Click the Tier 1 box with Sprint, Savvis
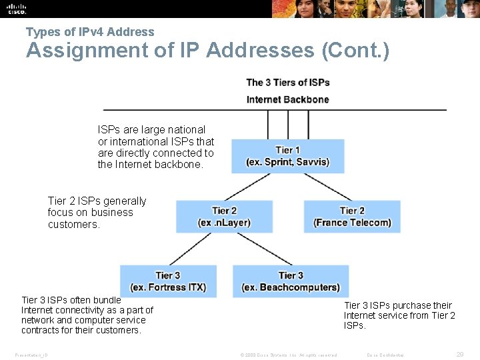pyautogui.click(x=287, y=156)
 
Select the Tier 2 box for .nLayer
pyautogui.click(x=224, y=217)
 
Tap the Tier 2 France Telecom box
pyautogui.click(x=352, y=217)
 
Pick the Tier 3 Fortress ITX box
pyautogui.click(x=168, y=281)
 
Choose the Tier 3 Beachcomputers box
pyautogui.click(x=291, y=281)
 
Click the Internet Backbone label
pyautogui.click(x=288, y=99)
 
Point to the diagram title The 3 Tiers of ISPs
pyautogui.click(x=288, y=83)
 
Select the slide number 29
pyautogui.click(x=460, y=355)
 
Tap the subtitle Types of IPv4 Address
pyautogui.click(x=90, y=31)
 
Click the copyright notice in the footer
pyautogui.click(x=289, y=355)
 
